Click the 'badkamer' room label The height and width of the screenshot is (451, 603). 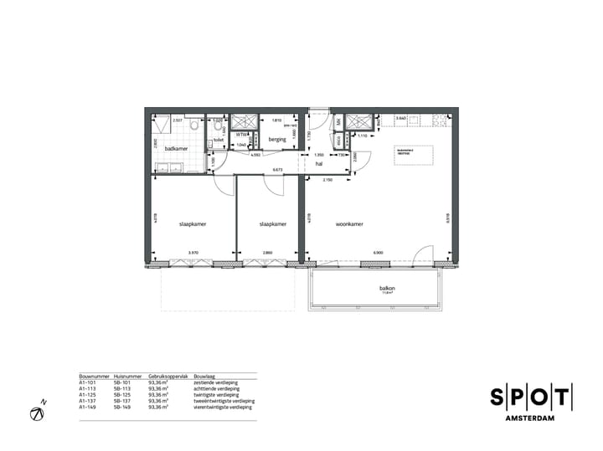pyautogui.click(x=177, y=148)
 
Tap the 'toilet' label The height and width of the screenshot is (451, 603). pyautogui.click(x=219, y=140)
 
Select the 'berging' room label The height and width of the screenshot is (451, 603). pyautogui.click(x=278, y=140)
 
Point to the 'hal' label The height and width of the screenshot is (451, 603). pyautogui.click(x=319, y=164)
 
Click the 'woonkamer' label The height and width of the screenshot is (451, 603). pyautogui.click(x=349, y=224)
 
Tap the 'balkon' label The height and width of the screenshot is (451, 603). pyautogui.click(x=387, y=289)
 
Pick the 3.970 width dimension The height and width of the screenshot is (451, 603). pyautogui.click(x=193, y=252)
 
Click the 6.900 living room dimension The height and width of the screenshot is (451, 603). pyautogui.click(x=378, y=252)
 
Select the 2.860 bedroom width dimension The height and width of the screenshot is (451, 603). pyautogui.click(x=267, y=252)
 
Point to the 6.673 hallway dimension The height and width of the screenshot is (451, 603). pyautogui.click(x=276, y=169)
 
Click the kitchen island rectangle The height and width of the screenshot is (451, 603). pyautogui.click(x=414, y=154)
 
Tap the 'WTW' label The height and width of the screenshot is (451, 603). pyautogui.click(x=240, y=134)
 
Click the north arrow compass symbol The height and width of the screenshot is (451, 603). pyautogui.click(x=38, y=413)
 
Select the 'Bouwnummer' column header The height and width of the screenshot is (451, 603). pyautogui.click(x=93, y=377)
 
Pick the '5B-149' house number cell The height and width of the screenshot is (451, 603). pyautogui.click(x=123, y=407)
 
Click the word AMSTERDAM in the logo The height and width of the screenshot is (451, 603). pyautogui.click(x=531, y=418)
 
